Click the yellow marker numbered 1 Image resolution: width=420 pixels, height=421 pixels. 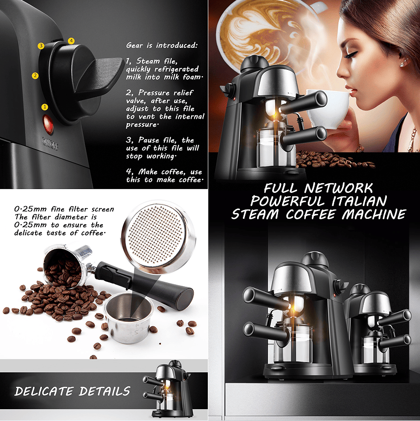tap(45, 106)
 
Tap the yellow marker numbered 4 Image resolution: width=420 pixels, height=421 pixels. tap(71, 41)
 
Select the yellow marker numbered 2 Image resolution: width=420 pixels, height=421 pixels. tap(35, 76)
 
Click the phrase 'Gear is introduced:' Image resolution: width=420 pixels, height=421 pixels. tap(161, 45)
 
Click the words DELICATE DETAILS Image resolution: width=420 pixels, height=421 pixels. tap(72, 391)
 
